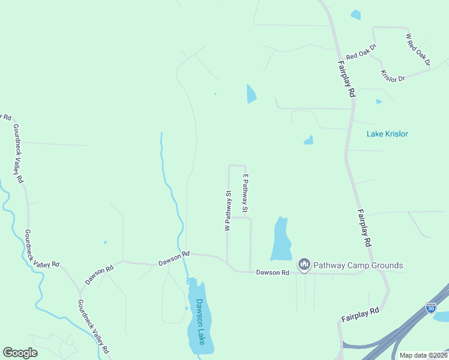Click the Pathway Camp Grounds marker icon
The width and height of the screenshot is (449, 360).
tap(304, 265)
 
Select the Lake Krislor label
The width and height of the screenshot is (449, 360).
tap(387, 134)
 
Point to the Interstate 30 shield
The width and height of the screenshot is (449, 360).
tap(430, 307)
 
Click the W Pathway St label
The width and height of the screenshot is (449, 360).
tap(228, 211)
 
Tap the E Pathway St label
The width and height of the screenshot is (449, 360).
tap(245, 194)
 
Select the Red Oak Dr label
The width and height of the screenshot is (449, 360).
tap(361, 52)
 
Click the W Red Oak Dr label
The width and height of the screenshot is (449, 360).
tap(418, 49)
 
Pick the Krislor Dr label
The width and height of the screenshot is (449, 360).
tap(393, 76)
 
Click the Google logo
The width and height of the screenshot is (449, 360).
tap(20, 353)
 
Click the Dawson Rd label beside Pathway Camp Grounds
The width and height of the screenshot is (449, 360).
tap(273, 272)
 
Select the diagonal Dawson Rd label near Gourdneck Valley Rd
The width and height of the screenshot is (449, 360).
tap(99, 275)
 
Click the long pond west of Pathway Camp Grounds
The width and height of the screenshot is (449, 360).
tap(280, 240)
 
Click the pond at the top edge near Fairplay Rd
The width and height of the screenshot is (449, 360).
tap(356, 14)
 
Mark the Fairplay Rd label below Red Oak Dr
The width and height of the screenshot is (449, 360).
tap(346, 79)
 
